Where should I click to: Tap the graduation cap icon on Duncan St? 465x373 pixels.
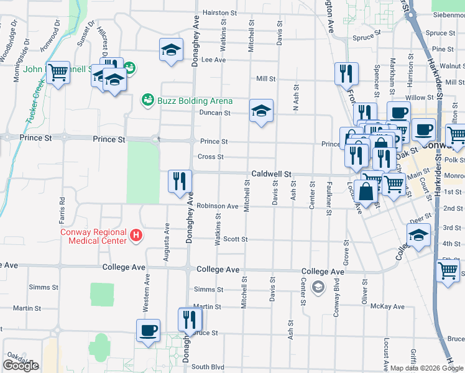pyautogui.click(x=261, y=111)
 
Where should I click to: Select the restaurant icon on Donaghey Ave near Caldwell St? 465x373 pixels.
pyautogui.click(x=180, y=182)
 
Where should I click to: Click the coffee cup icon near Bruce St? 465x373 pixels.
pyautogui.click(x=148, y=330)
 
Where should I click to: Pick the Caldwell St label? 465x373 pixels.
pyautogui.click(x=271, y=175)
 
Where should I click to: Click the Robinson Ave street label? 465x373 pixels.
pyautogui.click(x=218, y=206)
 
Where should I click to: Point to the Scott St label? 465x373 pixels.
pyautogui.click(x=236, y=239)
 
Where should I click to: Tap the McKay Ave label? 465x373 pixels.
pyautogui.click(x=387, y=306)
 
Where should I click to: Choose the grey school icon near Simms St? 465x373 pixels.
pyautogui.click(x=318, y=287)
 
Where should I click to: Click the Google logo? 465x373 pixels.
pyautogui.click(x=21, y=366)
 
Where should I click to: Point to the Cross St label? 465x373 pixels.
pyautogui.click(x=210, y=157)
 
